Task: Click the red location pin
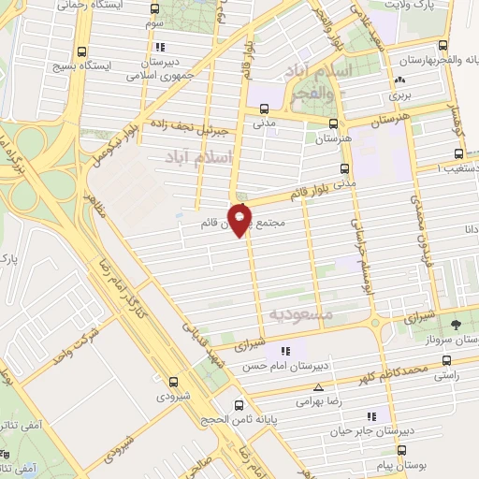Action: pos(240,220)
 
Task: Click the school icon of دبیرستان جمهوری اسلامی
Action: pos(160,46)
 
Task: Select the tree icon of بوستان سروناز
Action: pos(455,326)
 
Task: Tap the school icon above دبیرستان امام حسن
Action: pos(285,351)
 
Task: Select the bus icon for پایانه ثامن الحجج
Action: pos(239,406)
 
